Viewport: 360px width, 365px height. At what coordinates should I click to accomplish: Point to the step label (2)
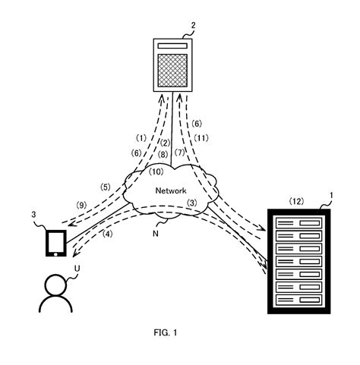(x=163, y=142)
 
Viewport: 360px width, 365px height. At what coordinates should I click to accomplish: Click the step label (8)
(x=163, y=154)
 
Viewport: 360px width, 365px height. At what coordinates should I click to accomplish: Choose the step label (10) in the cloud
(x=155, y=172)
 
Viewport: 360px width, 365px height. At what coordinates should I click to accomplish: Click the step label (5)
(x=106, y=187)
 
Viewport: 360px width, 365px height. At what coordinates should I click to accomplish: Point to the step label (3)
(x=192, y=203)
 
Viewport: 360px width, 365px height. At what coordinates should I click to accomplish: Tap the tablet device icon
(x=55, y=242)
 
